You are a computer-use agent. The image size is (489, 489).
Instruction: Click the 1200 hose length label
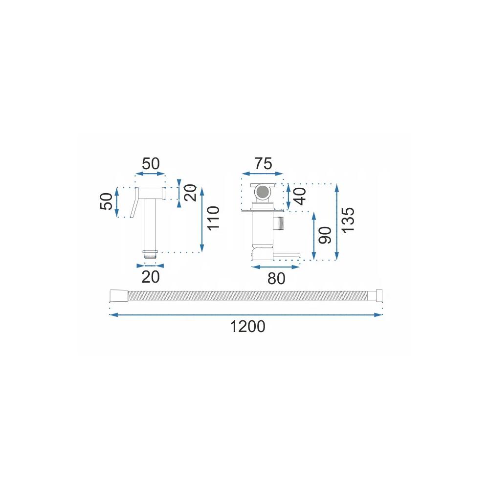[247, 327]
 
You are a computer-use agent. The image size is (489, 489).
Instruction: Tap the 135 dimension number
[348, 220]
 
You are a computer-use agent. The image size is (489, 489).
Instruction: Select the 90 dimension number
[325, 235]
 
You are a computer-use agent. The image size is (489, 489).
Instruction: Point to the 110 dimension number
[214, 218]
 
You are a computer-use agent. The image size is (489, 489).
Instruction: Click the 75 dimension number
[263, 164]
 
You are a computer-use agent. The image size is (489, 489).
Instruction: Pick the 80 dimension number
[276, 279]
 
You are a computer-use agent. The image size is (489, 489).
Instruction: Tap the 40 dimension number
[300, 197]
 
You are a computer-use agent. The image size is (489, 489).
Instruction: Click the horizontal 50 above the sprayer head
[151, 164]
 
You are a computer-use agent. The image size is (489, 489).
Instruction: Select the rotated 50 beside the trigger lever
[106, 201]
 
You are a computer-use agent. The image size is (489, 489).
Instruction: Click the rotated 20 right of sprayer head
[191, 193]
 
